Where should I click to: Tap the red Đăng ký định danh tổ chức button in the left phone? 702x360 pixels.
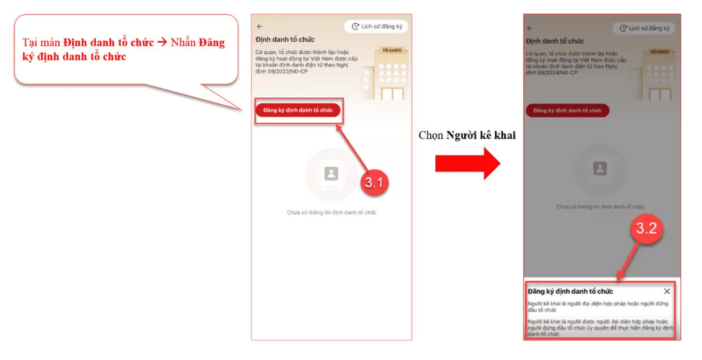pyautogui.click(x=298, y=110)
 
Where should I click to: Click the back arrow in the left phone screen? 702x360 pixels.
pyautogui.click(x=260, y=27)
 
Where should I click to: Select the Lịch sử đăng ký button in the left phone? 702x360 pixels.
pyautogui.click(x=376, y=27)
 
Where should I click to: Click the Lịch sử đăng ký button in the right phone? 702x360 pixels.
pyautogui.click(x=644, y=28)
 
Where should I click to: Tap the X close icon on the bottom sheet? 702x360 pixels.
pyautogui.click(x=667, y=291)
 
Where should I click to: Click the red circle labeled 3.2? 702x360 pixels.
pyautogui.click(x=646, y=228)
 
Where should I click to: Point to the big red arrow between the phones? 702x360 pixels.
pyautogui.click(x=467, y=163)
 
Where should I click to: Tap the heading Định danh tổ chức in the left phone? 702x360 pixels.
pyautogui.click(x=285, y=40)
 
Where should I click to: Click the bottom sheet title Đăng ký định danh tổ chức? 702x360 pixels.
pyautogui.click(x=570, y=292)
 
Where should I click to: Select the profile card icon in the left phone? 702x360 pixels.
pyautogui.click(x=331, y=174)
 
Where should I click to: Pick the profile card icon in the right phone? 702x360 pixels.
pyautogui.click(x=600, y=168)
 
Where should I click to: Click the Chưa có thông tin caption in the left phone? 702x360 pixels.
pyautogui.click(x=331, y=213)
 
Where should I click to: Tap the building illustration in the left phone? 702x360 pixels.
pyautogui.click(x=388, y=71)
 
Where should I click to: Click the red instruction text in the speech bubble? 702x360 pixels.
pyautogui.click(x=123, y=50)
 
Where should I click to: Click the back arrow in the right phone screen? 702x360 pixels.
pyautogui.click(x=530, y=28)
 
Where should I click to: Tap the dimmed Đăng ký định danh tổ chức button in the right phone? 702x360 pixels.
pyautogui.click(x=567, y=110)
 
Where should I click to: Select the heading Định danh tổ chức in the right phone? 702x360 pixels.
pyautogui.click(x=555, y=41)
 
